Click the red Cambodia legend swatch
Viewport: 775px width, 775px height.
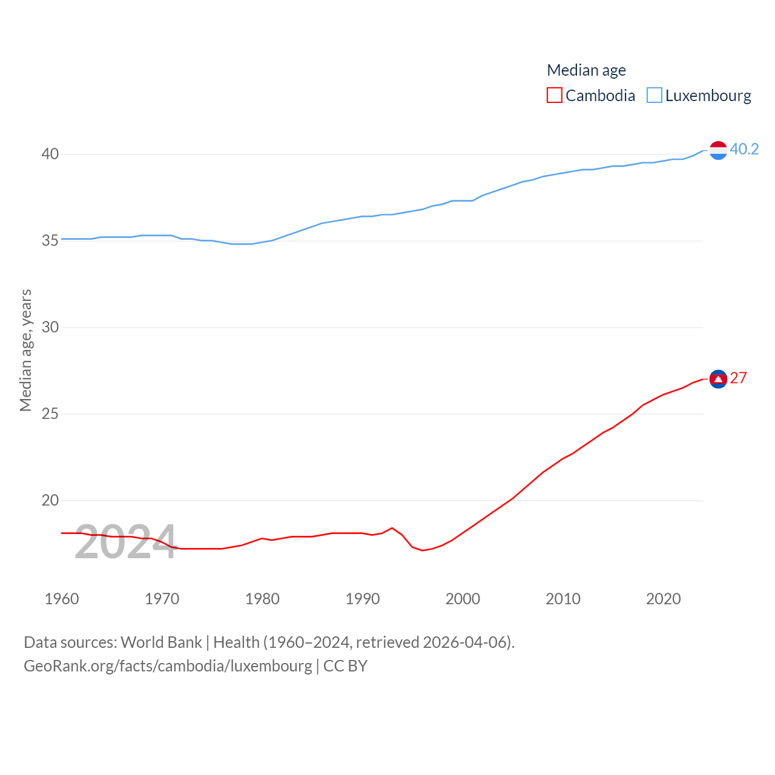(x=554, y=96)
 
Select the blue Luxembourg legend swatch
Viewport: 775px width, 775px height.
(x=655, y=96)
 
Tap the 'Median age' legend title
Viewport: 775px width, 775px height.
(x=586, y=70)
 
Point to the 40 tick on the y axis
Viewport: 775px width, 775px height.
(x=50, y=154)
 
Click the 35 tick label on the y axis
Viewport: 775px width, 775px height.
(x=50, y=241)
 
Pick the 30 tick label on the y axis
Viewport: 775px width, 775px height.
(x=50, y=328)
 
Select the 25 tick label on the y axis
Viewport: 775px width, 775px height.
(x=50, y=414)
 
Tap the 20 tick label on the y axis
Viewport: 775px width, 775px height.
(x=50, y=501)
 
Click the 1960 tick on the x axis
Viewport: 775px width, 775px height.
(x=62, y=599)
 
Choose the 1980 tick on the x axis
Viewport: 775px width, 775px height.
(x=262, y=599)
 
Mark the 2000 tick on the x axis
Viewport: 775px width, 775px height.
(x=463, y=599)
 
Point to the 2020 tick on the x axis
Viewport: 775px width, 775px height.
(x=664, y=599)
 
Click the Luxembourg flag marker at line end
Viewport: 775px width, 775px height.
(x=718, y=150)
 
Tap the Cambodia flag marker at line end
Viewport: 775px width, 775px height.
(x=718, y=379)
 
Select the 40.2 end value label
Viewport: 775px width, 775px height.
(x=744, y=149)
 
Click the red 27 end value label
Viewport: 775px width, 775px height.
(x=739, y=378)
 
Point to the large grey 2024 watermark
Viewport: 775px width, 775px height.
(x=125, y=542)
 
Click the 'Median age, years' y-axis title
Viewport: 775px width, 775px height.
(x=25, y=350)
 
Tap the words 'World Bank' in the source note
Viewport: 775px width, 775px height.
(x=162, y=642)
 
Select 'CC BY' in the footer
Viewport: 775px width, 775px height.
(x=345, y=666)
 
